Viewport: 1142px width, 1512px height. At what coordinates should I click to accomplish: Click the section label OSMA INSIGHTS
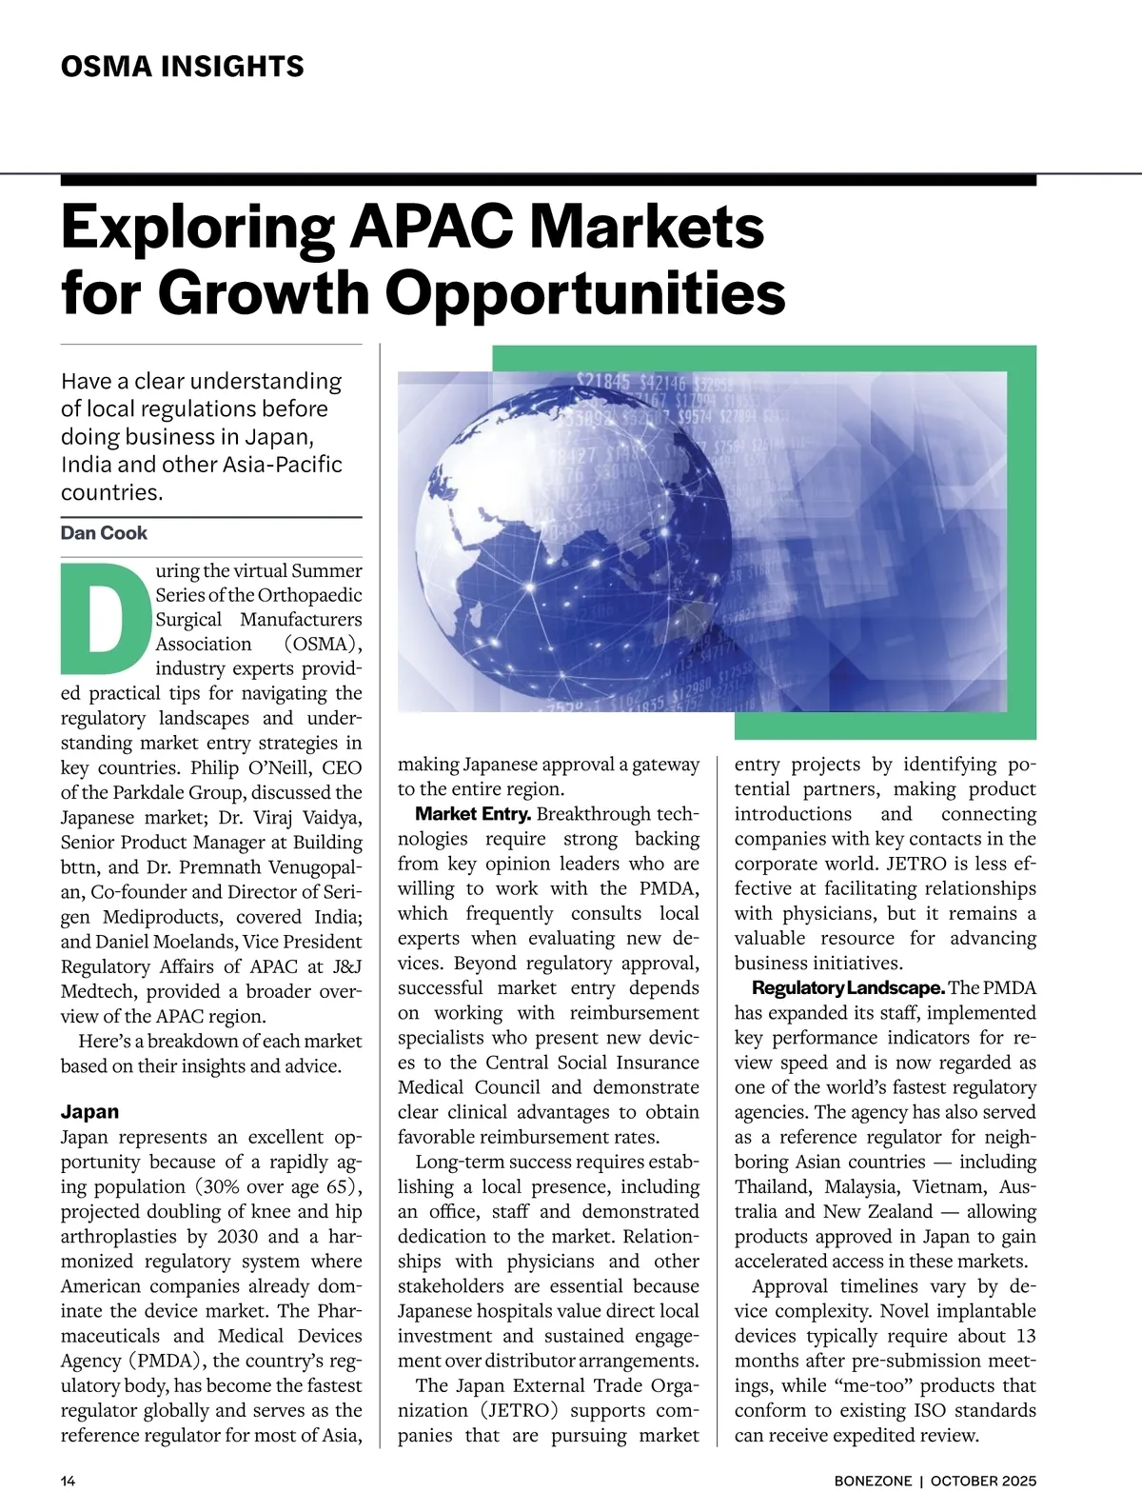[x=182, y=67]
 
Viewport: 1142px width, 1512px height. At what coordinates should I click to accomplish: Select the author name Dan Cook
[x=104, y=533]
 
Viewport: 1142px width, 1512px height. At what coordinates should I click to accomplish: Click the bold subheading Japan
[x=89, y=1111]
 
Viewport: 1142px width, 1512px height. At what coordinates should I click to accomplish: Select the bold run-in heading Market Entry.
[x=473, y=814]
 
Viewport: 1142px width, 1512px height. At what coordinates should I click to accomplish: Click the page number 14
[x=69, y=1481]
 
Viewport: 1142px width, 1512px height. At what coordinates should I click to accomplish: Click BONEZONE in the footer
[x=873, y=1481]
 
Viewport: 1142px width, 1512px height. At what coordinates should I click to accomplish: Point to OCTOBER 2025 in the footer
[x=983, y=1481]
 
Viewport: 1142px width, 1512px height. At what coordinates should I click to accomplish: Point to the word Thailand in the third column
[x=773, y=1186]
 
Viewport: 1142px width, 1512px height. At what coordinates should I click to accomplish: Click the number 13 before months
[x=1024, y=1336]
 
